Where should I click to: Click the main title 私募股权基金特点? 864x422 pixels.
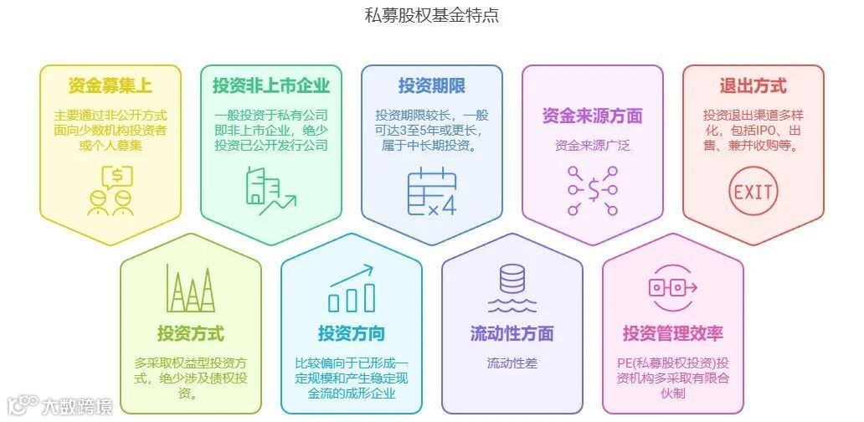tap(431, 15)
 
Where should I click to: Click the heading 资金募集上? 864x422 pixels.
tap(111, 85)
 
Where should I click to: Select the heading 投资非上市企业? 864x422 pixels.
tap(271, 85)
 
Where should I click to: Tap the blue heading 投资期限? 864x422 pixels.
tap(432, 85)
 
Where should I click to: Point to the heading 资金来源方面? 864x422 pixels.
tap(592, 116)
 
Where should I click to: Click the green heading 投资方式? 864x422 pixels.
tap(191, 333)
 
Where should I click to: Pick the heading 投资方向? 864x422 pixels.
tap(352, 333)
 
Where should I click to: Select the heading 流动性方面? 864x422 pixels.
tap(512, 333)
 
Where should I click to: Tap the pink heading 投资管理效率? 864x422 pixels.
tap(673, 333)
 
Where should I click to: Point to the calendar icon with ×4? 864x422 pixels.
tap(432, 193)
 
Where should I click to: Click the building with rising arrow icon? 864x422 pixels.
tap(271, 191)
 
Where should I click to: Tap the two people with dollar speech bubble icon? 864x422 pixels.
tap(111, 191)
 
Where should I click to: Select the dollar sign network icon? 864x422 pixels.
tap(592, 191)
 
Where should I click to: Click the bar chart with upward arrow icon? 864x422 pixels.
tap(352, 289)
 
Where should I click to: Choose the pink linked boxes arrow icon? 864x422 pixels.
tap(673, 288)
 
